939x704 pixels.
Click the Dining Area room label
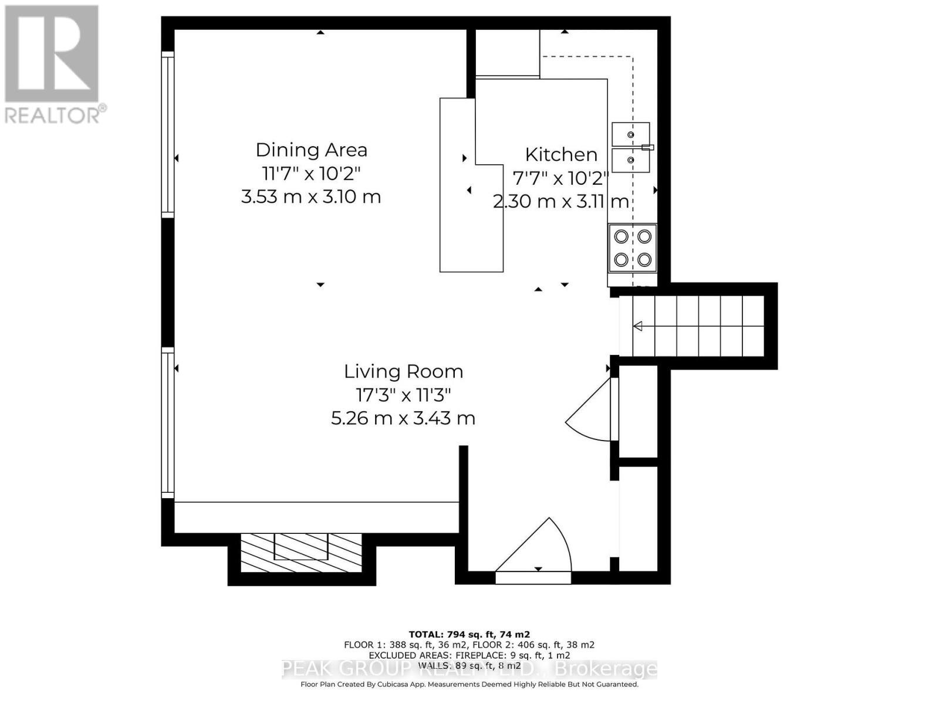click(x=311, y=150)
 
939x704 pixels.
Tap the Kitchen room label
click(x=561, y=155)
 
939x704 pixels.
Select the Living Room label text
click(x=403, y=371)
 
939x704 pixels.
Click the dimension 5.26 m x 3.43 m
click(x=403, y=418)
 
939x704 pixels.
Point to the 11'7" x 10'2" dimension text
click(x=311, y=174)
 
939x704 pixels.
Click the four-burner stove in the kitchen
click(x=633, y=248)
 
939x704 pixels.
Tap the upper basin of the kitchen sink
click(x=631, y=134)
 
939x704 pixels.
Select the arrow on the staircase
click(x=637, y=326)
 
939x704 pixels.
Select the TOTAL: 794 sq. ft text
click(x=469, y=634)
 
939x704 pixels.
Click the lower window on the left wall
click(x=168, y=422)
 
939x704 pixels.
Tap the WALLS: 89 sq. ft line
click(x=469, y=666)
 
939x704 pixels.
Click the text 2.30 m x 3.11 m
click(x=561, y=202)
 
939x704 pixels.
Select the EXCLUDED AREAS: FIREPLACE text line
click(x=469, y=655)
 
